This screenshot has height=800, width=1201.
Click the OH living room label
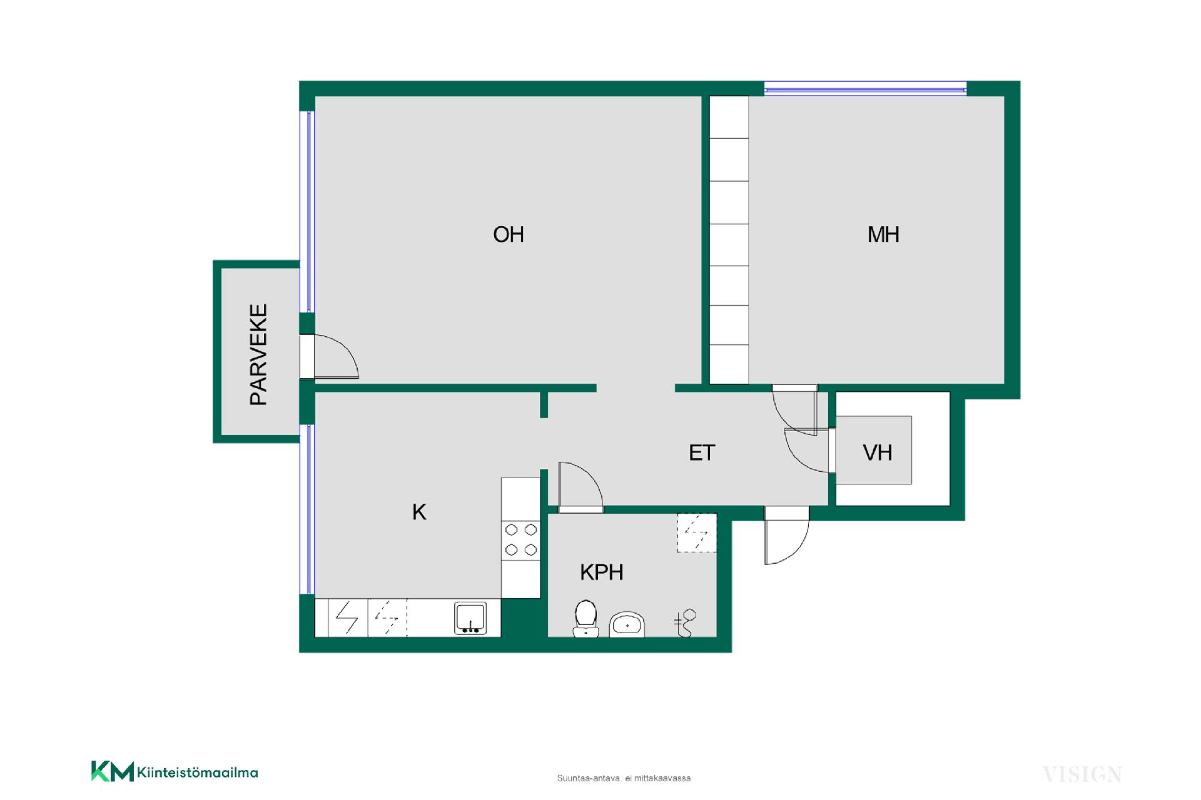[x=508, y=234]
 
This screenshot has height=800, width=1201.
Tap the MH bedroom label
[x=883, y=234]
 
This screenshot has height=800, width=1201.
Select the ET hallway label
[x=702, y=452]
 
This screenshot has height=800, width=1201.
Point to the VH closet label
[x=877, y=452]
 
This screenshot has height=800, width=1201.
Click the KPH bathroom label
[x=602, y=572]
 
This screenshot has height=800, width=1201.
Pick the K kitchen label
[x=419, y=512]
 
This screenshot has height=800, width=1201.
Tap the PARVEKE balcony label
[x=258, y=354]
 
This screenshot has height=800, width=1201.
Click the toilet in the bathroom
[x=585, y=619]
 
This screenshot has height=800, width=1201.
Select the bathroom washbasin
[x=627, y=624]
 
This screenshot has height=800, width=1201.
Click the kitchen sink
[x=470, y=618]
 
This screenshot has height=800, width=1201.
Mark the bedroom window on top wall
[x=866, y=89]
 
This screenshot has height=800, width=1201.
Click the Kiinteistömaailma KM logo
[x=175, y=771]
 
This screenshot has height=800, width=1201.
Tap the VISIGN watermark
[x=1082, y=774]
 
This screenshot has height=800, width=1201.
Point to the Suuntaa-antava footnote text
[x=624, y=778]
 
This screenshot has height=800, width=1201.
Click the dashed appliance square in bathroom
[x=697, y=533]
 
